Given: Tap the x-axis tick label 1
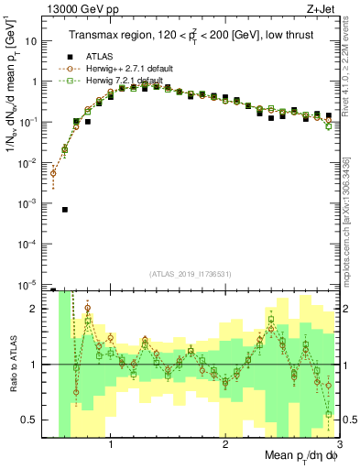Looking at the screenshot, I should (x=111, y=444).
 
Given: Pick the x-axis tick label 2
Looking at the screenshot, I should (x=225, y=444).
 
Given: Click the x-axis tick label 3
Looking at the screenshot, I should (x=339, y=444).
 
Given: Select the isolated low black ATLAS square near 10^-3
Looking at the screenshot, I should (x=65, y=210).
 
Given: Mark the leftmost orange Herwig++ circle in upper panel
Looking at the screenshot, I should (x=53, y=172).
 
